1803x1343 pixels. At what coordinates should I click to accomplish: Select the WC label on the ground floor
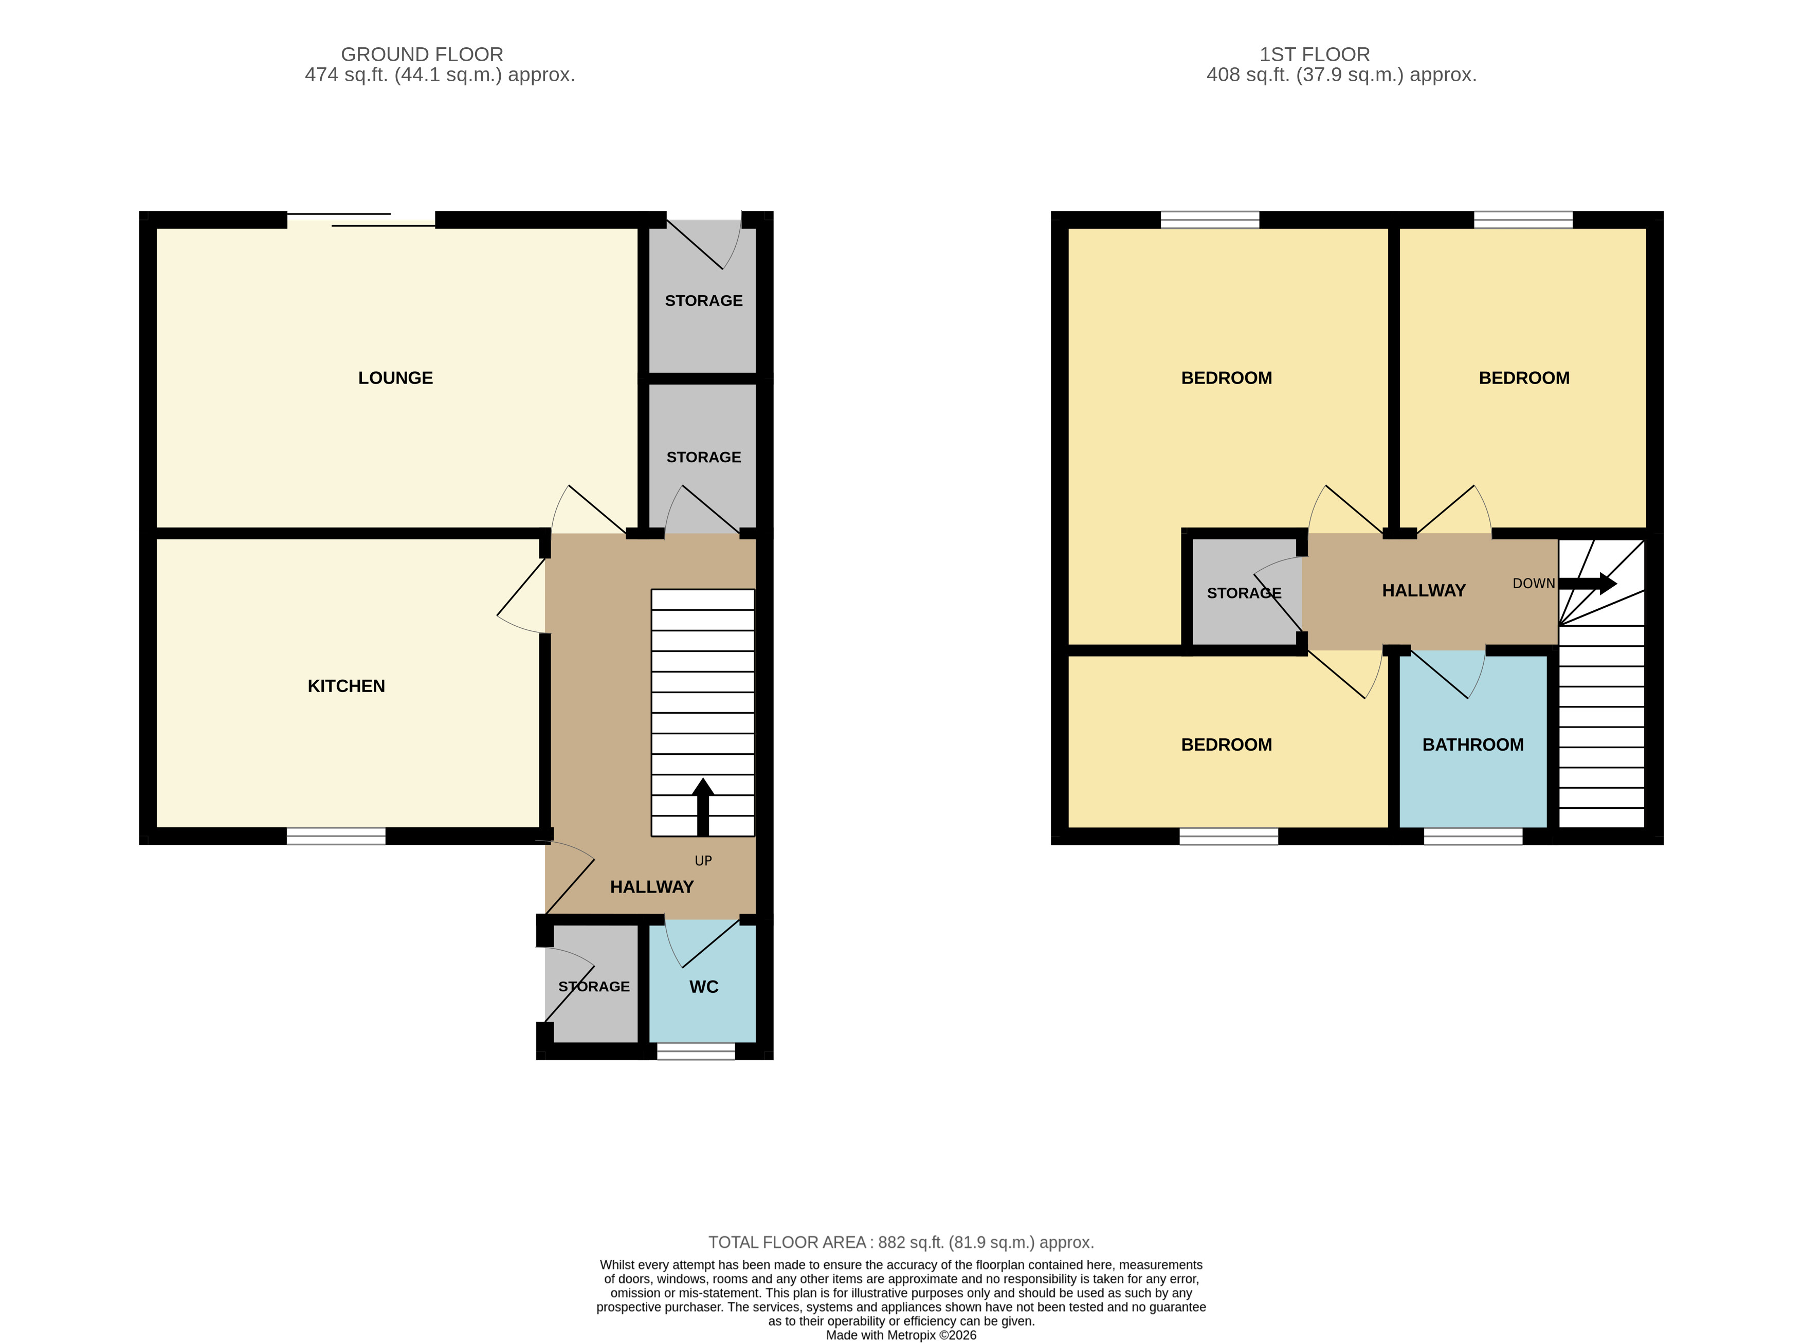tap(703, 987)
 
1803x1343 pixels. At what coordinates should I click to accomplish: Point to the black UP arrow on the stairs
tap(702, 805)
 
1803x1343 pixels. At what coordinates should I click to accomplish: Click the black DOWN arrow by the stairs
tap(1586, 584)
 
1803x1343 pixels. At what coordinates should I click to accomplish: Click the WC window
tap(695, 1051)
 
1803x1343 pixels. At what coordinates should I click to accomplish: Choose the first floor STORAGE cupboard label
tap(1243, 593)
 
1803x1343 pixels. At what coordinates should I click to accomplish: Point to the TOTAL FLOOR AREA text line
tap(901, 1242)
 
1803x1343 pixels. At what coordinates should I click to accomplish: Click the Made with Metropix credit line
tap(901, 1335)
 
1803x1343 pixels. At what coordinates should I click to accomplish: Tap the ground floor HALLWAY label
tap(651, 887)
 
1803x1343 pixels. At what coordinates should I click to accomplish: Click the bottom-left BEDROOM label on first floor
tap(1226, 745)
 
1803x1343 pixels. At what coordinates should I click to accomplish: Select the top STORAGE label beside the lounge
tap(703, 301)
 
